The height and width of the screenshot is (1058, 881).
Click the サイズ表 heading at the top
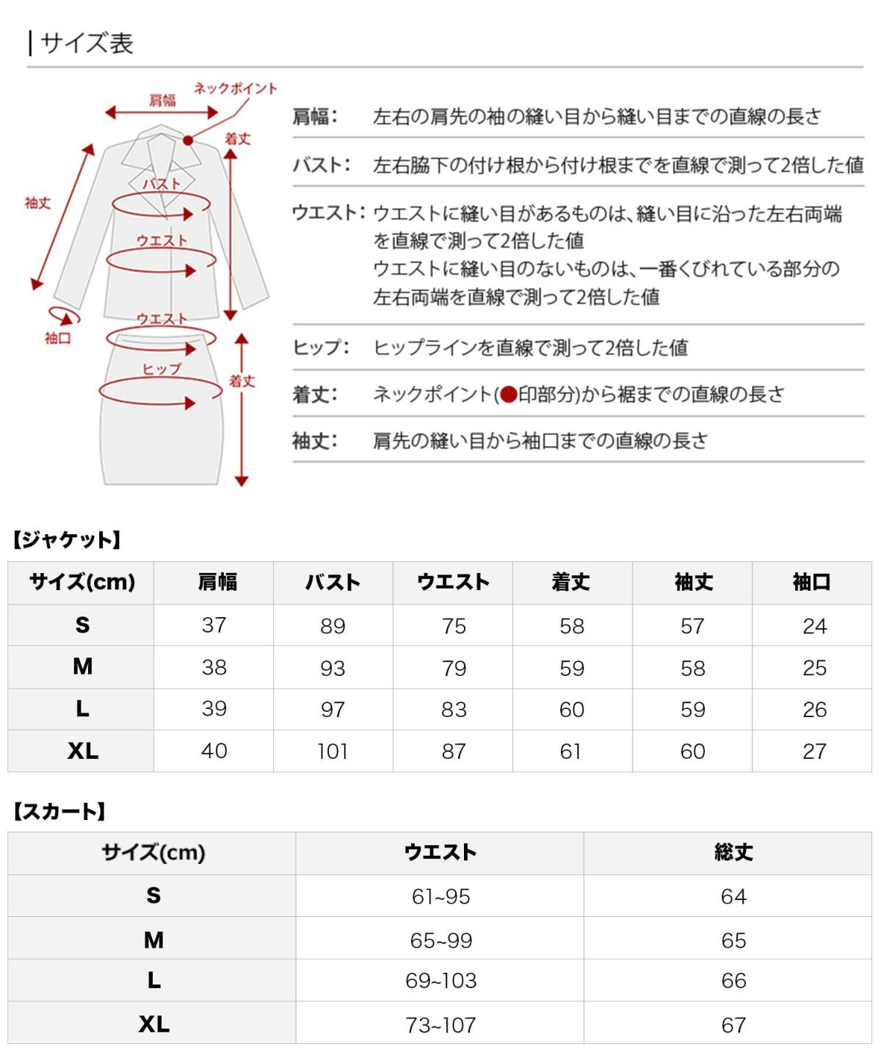(x=87, y=43)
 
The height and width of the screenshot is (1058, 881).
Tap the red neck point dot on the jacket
(x=189, y=140)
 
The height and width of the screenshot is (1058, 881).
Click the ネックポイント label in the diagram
(x=235, y=89)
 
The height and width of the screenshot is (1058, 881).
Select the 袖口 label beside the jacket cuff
(x=57, y=339)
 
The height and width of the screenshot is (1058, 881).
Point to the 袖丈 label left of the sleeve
(x=37, y=203)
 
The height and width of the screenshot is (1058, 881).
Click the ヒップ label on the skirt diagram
(x=161, y=369)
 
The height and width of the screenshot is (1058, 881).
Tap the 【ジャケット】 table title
(x=66, y=540)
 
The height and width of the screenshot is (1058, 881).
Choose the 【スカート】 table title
(x=59, y=811)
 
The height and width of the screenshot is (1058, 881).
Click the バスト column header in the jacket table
(x=333, y=583)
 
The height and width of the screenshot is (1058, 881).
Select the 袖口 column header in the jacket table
(x=812, y=583)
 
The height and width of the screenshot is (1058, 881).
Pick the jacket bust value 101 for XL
(x=333, y=752)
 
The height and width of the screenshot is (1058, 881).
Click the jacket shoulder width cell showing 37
(x=214, y=625)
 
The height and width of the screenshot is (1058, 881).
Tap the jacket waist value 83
(x=454, y=710)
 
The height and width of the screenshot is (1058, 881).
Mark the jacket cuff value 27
(x=814, y=752)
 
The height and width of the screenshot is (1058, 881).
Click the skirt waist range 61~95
(x=440, y=896)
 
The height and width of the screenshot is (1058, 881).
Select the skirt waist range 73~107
(x=440, y=1024)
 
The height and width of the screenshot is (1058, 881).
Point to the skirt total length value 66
(x=733, y=981)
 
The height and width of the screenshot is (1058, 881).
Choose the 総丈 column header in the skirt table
(x=733, y=852)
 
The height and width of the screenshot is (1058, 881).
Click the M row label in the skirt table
(x=153, y=940)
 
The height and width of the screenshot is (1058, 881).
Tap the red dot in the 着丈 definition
(x=509, y=395)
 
